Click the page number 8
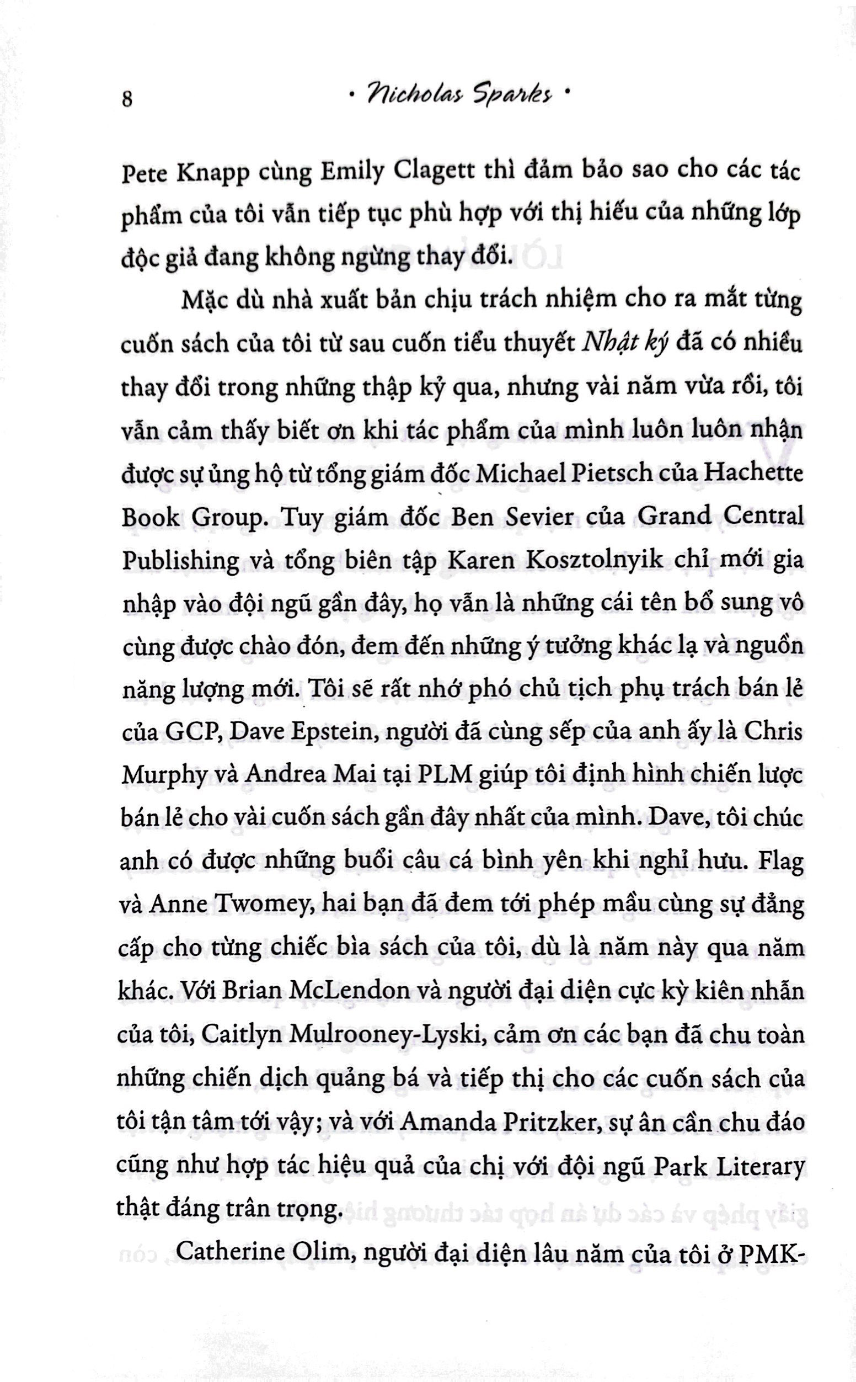coord(127,100)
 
